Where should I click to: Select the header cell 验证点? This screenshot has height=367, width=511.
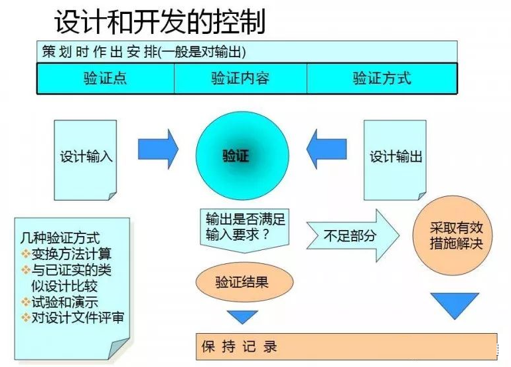click(105, 78)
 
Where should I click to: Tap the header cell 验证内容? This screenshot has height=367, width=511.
click(240, 78)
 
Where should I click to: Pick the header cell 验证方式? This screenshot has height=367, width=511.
click(382, 78)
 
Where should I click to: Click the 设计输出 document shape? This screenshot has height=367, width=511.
click(396, 157)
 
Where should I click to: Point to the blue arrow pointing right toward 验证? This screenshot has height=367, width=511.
click(158, 150)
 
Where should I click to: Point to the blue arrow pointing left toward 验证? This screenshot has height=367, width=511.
click(327, 150)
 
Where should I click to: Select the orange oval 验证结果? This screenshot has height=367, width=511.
click(242, 282)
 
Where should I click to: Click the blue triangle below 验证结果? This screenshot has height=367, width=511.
click(242, 316)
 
